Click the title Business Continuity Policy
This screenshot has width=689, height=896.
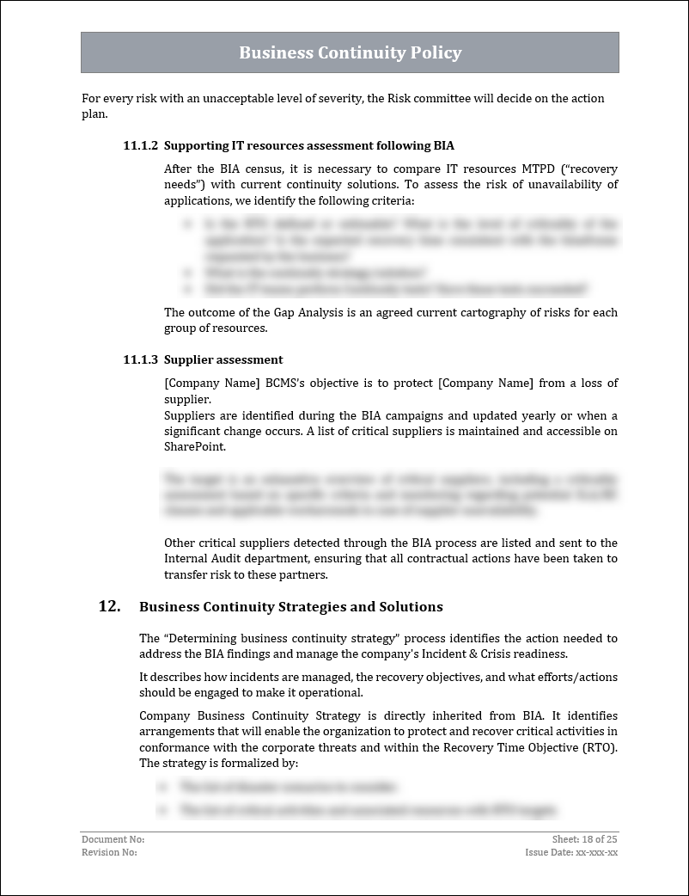pyautogui.click(x=350, y=52)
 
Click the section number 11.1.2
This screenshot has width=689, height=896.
pyautogui.click(x=140, y=145)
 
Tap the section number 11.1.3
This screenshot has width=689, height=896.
pyautogui.click(x=140, y=359)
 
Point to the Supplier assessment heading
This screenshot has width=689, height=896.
pyautogui.click(x=223, y=359)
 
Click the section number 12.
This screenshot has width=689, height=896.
pyautogui.click(x=109, y=606)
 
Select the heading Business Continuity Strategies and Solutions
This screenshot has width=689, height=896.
pyautogui.click(x=291, y=607)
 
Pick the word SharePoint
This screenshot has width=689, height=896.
pyautogui.click(x=195, y=446)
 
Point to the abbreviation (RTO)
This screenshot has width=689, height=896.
pyautogui.click(x=600, y=747)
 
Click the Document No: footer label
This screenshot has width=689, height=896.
pyautogui.click(x=113, y=839)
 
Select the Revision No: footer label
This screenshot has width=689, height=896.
pyautogui.click(x=109, y=852)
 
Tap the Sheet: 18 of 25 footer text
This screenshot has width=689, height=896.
pyautogui.click(x=584, y=839)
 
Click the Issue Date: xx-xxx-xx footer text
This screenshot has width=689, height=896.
pyautogui.click(x=571, y=852)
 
